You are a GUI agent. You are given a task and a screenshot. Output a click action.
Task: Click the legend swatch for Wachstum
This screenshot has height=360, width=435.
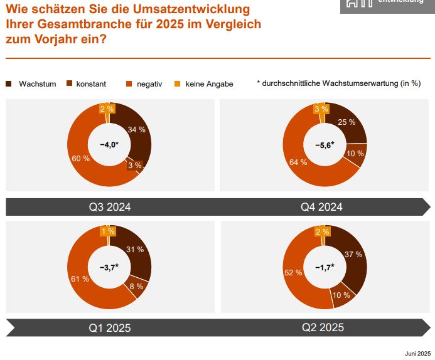click(x=9, y=83)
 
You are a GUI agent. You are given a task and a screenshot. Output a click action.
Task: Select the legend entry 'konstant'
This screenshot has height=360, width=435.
click(x=91, y=83)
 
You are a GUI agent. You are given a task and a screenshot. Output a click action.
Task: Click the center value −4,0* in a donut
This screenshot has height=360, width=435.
click(x=109, y=146)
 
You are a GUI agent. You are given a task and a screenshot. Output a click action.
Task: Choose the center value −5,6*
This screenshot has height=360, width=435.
click(x=325, y=146)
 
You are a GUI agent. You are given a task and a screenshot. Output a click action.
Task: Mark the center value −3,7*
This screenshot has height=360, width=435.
click(x=109, y=267)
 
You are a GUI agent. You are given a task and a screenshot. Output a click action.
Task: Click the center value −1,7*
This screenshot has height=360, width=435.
click(x=325, y=267)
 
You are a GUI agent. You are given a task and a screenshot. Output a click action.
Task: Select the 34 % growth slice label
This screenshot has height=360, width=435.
click(x=136, y=130)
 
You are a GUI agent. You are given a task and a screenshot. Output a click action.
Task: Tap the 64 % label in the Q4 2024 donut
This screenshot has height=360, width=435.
click(x=298, y=162)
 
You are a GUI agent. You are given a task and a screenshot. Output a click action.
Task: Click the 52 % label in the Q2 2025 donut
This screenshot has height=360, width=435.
click(x=294, y=273)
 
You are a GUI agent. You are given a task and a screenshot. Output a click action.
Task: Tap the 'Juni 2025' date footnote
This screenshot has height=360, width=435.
click(x=418, y=353)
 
